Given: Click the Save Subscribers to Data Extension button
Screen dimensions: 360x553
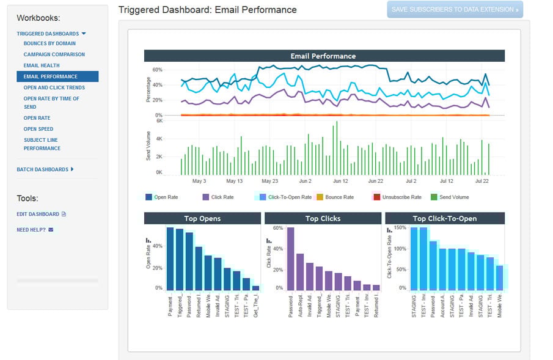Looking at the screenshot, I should tap(455, 10).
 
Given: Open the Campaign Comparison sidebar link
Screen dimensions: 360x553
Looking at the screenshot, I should tap(54, 54).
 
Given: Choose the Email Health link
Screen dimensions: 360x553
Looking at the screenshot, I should tap(42, 65).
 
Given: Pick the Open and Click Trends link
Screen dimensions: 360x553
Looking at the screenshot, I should tap(54, 87).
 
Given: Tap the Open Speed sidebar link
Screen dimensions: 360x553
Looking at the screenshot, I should tap(38, 129).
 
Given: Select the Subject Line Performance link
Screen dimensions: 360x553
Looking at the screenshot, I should tap(42, 144).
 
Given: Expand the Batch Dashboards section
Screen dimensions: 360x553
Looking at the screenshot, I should tap(45, 169).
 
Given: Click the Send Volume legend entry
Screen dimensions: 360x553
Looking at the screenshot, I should tap(453, 197).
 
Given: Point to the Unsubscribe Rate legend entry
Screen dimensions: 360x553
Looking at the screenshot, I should tap(398, 197).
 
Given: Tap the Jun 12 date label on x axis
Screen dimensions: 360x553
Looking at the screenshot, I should tap(340, 181).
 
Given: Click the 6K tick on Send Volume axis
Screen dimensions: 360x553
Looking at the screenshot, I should tap(159, 121).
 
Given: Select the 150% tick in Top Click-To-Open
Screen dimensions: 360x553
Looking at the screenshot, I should tap(400, 228).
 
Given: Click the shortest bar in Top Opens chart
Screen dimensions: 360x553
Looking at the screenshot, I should tap(255, 287).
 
